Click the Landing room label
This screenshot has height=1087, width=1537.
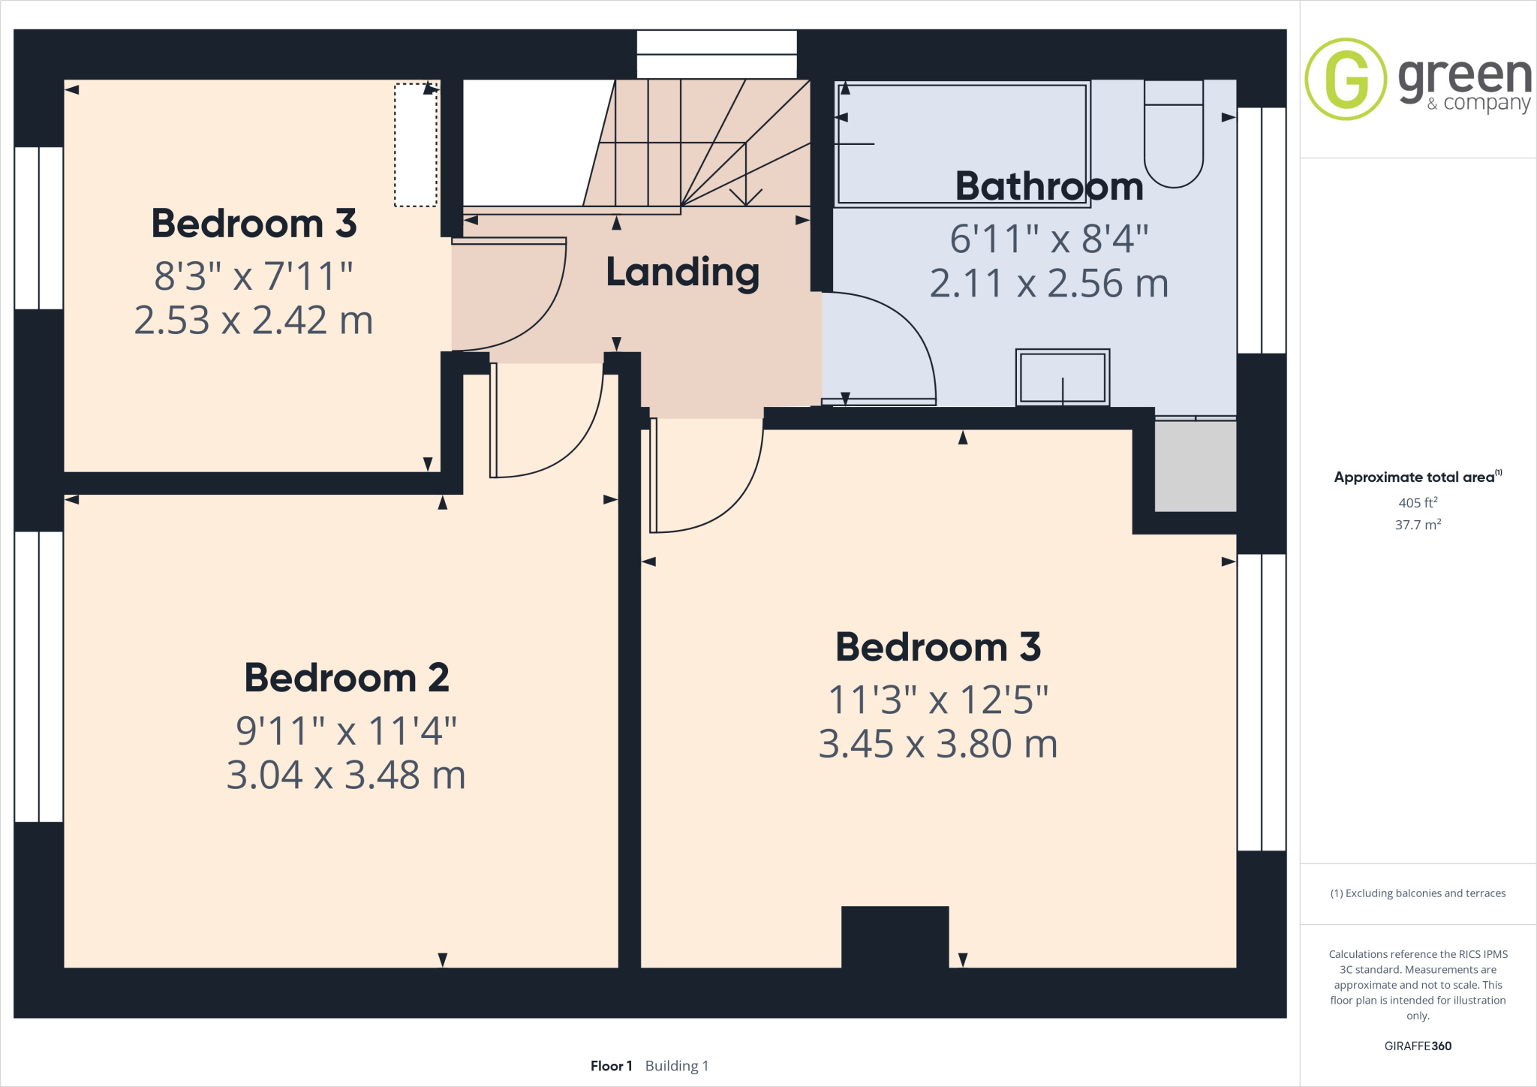coord(682,273)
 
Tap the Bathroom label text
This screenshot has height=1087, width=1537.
coord(1048,186)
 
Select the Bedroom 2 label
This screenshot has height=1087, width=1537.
coord(347,678)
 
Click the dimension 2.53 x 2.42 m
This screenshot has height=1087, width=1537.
coord(254,321)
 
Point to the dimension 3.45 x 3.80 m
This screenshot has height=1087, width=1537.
coord(937,744)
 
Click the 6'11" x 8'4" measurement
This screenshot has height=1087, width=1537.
coord(1048,239)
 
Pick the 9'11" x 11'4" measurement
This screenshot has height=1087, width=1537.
coord(346,730)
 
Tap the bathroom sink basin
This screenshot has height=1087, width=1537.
coord(1062,378)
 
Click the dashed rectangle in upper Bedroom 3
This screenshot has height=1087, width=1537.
coord(415,145)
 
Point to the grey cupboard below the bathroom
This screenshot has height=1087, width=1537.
coord(1195,465)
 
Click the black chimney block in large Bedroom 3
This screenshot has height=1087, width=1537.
coord(895,936)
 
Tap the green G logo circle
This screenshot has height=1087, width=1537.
coord(1346,79)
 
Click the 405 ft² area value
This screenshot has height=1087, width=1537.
coord(1418,502)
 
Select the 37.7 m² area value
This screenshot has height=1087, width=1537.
coord(1418,525)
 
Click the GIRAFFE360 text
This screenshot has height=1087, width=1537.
coord(1418,1046)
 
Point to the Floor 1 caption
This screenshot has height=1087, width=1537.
coord(611,1066)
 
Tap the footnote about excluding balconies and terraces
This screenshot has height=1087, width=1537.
coord(1418,893)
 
